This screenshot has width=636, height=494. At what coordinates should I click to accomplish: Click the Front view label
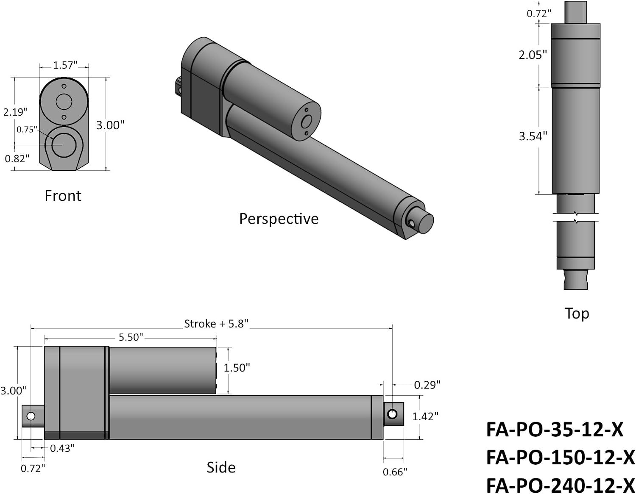tap(63, 196)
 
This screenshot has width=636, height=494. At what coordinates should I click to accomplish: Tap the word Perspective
tap(279, 219)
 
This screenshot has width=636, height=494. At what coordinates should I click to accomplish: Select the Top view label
tap(577, 314)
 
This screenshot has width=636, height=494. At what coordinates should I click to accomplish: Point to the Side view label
tap(221, 467)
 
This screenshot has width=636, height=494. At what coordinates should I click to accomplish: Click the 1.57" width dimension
tap(65, 65)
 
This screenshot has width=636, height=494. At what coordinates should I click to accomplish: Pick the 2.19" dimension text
tap(15, 112)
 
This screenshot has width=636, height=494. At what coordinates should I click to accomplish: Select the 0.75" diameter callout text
tap(27, 129)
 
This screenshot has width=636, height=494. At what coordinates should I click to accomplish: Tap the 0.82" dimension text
tap(17, 159)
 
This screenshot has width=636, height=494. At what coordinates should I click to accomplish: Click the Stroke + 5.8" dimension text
tap(216, 324)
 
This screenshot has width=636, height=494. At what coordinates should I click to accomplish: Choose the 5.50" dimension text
tap(131, 337)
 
